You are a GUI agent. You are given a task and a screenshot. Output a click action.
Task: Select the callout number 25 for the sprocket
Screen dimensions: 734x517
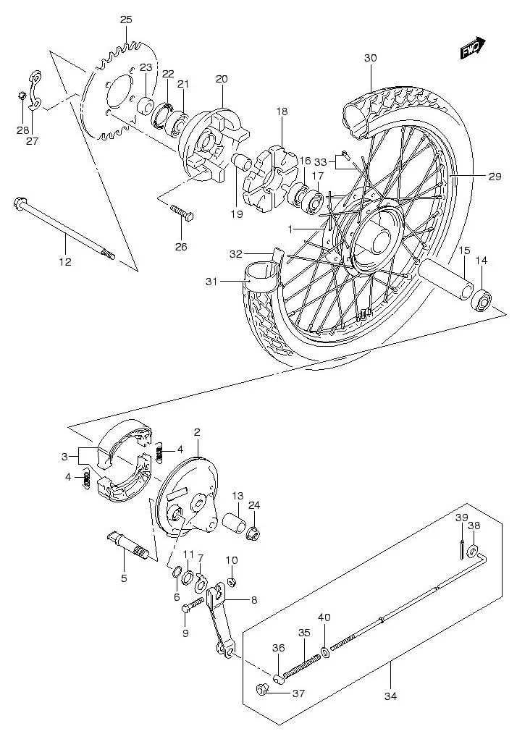(x=126, y=20)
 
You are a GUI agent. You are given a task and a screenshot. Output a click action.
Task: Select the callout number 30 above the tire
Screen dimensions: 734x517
(x=371, y=58)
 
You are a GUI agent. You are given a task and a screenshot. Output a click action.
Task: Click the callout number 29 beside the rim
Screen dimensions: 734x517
(x=495, y=176)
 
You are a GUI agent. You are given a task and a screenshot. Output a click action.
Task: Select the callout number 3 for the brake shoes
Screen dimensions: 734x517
(x=64, y=457)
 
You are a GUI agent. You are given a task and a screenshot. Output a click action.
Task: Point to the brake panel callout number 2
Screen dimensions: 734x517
(x=196, y=432)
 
